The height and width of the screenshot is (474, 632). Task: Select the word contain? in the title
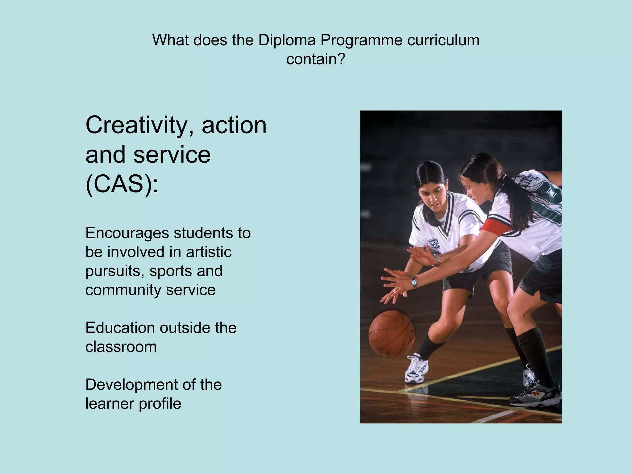(x=315, y=59)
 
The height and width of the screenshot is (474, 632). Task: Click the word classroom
(x=121, y=347)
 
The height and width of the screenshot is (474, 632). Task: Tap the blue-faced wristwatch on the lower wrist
(x=414, y=281)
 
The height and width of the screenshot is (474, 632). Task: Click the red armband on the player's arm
(x=497, y=227)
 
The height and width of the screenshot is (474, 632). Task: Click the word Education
(x=120, y=328)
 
